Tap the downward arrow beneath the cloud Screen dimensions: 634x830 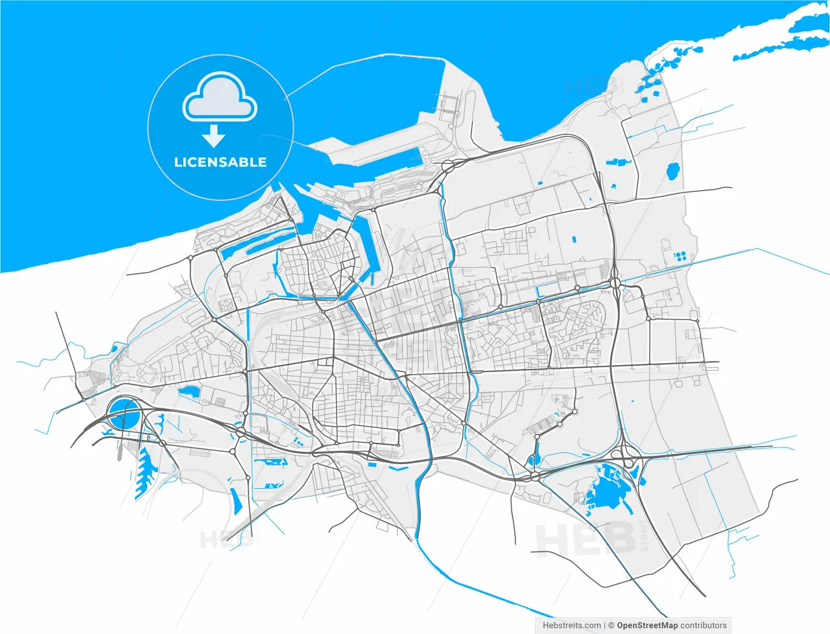213,136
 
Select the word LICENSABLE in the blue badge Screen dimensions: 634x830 220,162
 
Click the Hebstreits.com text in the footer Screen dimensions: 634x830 571,626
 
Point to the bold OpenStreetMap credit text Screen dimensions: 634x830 647,626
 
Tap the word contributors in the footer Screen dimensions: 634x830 704,626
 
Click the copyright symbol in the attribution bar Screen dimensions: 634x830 611,626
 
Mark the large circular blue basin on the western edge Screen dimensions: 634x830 123,414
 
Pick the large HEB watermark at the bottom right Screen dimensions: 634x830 584,539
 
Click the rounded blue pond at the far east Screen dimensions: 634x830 673,172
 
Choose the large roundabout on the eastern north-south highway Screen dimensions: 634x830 615,283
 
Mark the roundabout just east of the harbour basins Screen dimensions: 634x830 448,167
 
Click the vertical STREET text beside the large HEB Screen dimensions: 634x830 644,535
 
